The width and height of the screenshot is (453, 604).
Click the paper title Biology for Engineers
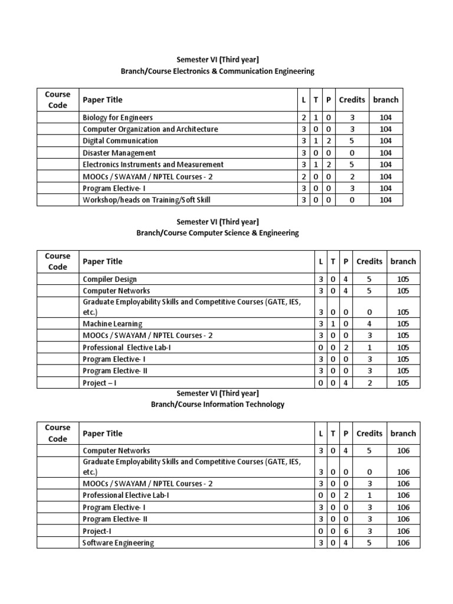click(x=117, y=117)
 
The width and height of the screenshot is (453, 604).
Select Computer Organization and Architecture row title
click(x=150, y=129)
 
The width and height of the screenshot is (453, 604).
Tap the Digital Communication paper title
click(x=120, y=141)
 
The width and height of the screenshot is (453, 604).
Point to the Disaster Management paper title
click(x=119, y=153)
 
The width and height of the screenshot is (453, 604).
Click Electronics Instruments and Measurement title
click(x=153, y=165)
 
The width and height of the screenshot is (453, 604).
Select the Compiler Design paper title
click(x=110, y=279)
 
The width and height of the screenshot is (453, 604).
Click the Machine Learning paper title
click(x=112, y=324)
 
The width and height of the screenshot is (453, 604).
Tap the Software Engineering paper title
click(x=118, y=543)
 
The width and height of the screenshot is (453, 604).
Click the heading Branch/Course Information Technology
click(x=218, y=404)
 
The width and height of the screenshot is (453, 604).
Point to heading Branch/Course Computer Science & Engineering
click(x=218, y=232)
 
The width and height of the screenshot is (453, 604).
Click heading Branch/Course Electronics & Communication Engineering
click(x=218, y=71)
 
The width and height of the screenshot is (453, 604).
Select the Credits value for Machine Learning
click(x=369, y=324)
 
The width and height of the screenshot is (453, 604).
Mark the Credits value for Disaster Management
click(x=352, y=153)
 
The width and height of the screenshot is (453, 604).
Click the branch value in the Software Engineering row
click(x=403, y=543)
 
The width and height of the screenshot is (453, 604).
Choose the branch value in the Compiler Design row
click(x=403, y=279)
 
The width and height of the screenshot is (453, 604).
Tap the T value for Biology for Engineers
click(x=316, y=117)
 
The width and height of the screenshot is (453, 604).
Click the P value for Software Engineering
click(x=345, y=543)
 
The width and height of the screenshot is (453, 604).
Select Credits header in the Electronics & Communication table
click(x=352, y=100)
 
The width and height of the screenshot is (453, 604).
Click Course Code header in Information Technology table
click(x=58, y=433)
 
